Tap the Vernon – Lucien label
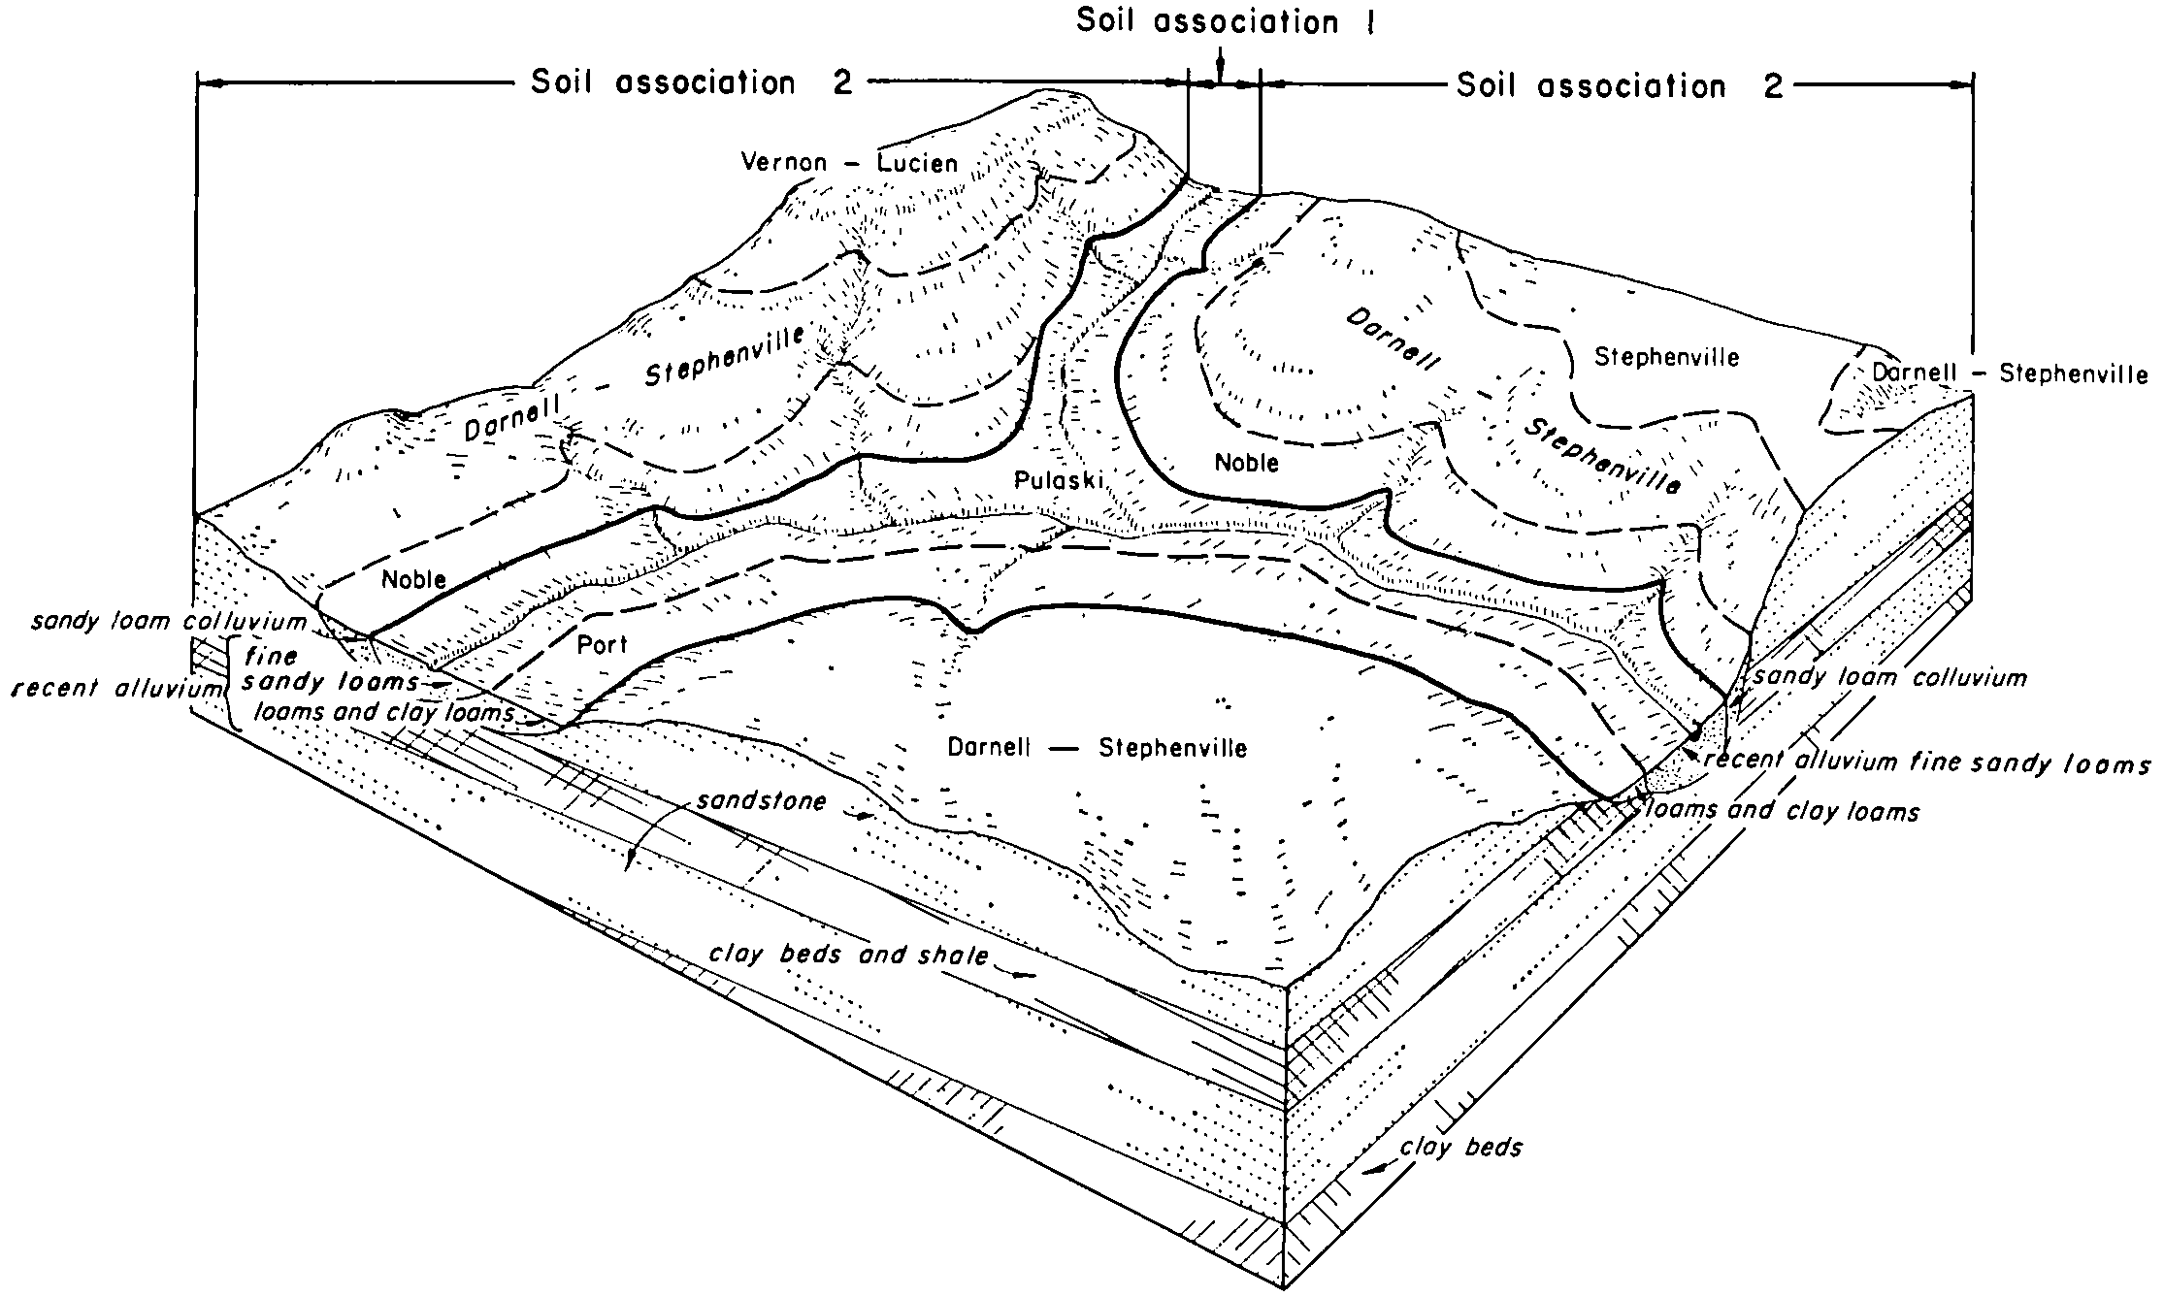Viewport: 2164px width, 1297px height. (x=849, y=162)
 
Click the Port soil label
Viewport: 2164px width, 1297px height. (x=602, y=644)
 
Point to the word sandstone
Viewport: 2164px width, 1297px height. (x=761, y=801)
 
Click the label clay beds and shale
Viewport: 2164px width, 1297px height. (x=848, y=955)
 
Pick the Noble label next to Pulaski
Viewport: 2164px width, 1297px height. (x=1247, y=463)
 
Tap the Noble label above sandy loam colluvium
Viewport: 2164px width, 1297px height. (x=413, y=579)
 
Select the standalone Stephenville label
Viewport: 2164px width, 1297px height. (x=1667, y=357)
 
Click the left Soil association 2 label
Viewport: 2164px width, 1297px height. (x=691, y=83)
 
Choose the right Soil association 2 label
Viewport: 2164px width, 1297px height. (x=1620, y=86)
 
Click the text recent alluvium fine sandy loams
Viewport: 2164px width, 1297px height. (x=1926, y=762)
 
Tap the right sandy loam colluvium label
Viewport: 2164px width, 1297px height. (x=1890, y=677)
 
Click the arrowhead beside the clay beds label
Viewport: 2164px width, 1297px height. (x=1374, y=1172)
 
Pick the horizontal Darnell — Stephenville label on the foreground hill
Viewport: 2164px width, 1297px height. (x=1097, y=748)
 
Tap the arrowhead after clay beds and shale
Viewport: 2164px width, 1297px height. (x=1022, y=974)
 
